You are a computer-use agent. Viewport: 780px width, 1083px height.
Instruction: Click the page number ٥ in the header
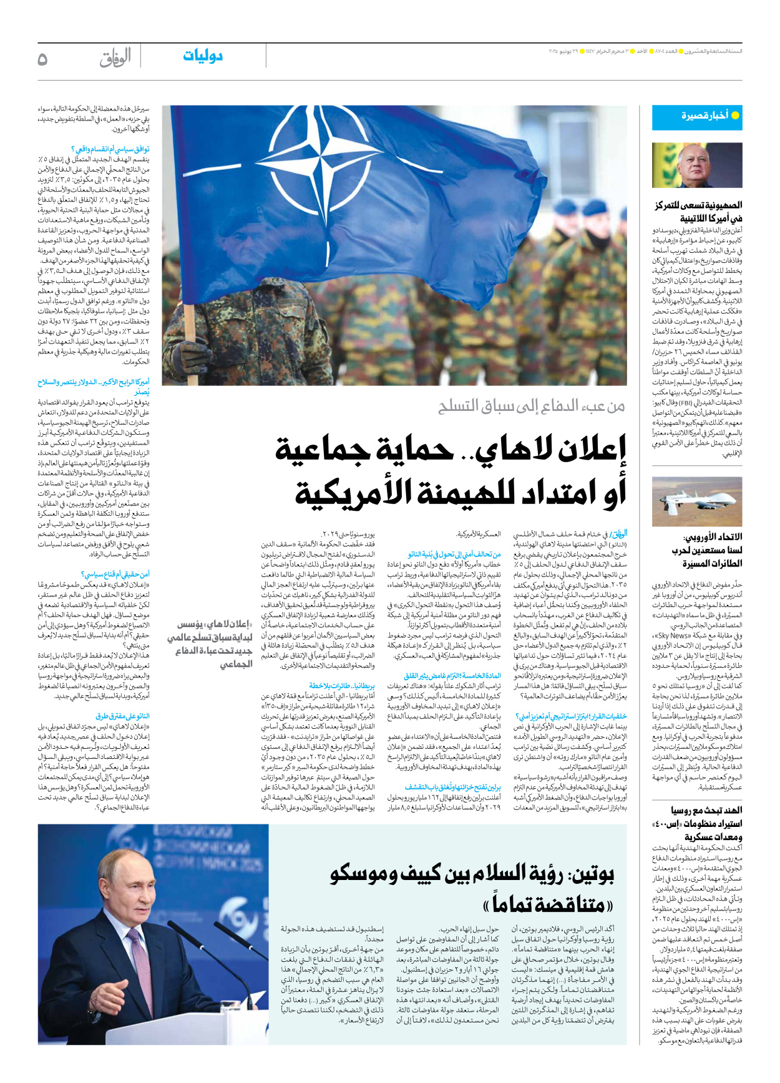click(42, 59)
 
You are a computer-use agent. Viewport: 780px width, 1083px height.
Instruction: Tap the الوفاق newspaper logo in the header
click(115, 57)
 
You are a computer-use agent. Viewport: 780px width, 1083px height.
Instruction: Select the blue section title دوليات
click(203, 56)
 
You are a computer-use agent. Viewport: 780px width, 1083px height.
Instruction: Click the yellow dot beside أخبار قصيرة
click(735, 116)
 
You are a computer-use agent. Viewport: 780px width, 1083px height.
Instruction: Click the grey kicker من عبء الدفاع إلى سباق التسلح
click(531, 407)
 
